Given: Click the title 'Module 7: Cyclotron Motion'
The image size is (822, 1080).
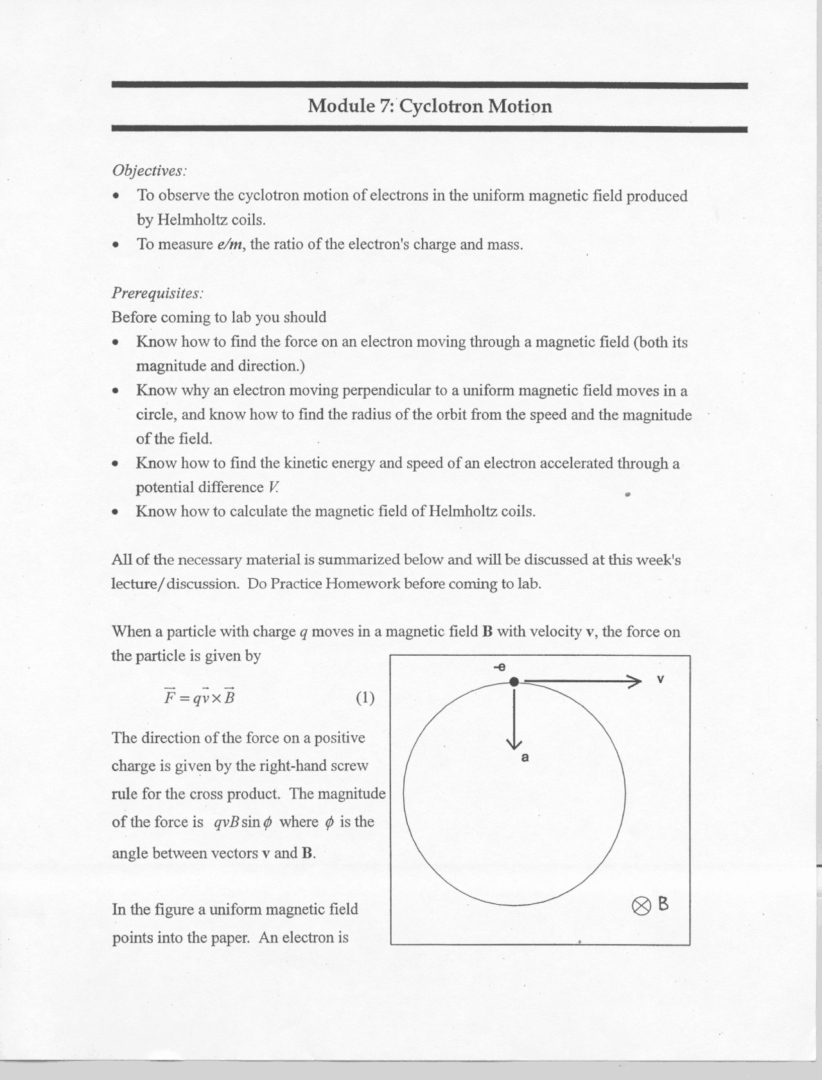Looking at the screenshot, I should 429,106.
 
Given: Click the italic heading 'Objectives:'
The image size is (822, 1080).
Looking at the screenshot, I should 149,171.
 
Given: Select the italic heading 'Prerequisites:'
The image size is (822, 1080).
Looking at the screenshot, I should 157,293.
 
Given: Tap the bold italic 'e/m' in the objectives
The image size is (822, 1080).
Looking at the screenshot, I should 230,244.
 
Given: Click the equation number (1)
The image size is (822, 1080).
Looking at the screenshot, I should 365,698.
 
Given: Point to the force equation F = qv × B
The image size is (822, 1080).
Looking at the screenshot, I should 200,697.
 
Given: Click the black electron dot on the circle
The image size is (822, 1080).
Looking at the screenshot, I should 514,681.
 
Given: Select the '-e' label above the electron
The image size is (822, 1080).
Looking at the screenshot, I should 500,667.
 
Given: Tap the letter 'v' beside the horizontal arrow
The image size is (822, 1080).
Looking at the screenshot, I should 660,679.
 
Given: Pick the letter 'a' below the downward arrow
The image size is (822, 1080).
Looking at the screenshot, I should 525,758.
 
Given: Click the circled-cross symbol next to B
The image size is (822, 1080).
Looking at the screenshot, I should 640,905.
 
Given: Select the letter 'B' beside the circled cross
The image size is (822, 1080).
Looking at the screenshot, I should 663,904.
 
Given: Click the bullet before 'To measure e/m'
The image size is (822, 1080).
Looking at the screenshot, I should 116,245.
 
